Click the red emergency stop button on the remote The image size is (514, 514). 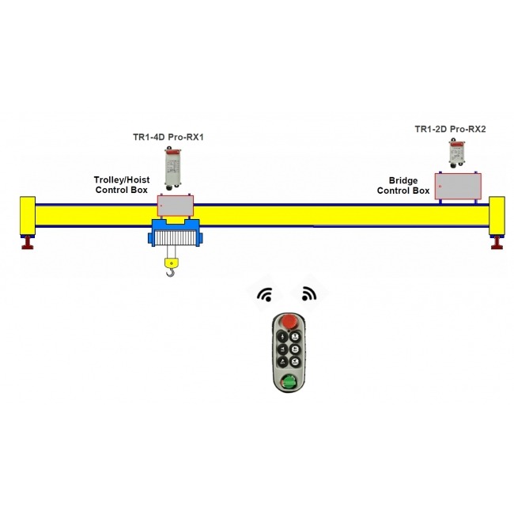click(290, 321)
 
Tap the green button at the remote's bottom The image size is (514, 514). click(290, 383)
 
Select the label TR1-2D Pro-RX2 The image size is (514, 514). click(450, 128)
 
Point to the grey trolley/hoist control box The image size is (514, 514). click(175, 205)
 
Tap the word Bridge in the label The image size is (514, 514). click(403, 180)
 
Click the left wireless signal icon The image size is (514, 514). click(264, 295)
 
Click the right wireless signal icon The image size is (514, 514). click(308, 295)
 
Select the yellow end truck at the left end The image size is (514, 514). click(28, 215)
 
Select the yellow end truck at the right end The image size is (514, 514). click(497, 215)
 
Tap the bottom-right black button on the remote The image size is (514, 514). click(295, 361)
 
